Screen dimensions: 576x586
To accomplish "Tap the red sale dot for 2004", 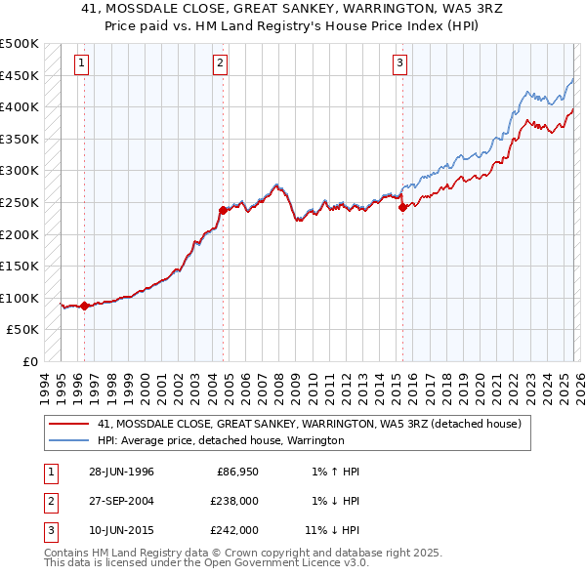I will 223,210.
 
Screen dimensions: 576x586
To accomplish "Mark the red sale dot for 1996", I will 84,306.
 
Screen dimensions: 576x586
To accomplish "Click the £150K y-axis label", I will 20,266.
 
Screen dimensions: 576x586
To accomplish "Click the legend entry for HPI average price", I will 221,440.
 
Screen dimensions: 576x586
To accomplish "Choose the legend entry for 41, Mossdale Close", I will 311,424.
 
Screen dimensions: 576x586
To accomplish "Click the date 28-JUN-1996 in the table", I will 121,472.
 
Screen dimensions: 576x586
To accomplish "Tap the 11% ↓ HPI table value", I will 333,530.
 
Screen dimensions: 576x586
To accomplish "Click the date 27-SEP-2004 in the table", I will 121,501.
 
